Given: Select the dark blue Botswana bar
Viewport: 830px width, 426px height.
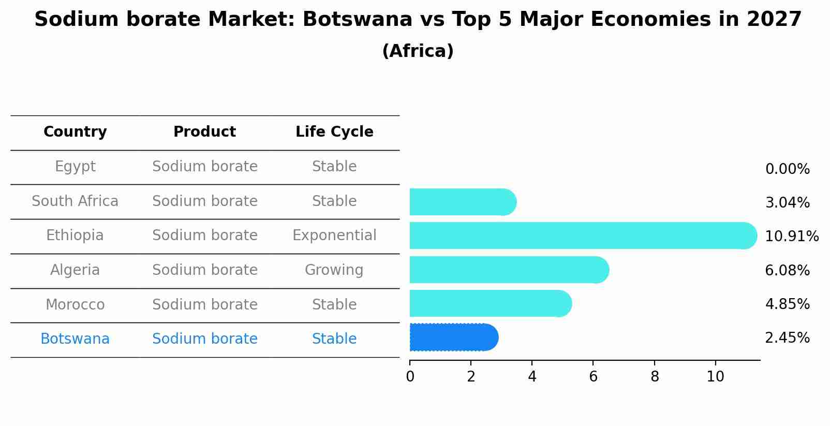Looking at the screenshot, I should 453,337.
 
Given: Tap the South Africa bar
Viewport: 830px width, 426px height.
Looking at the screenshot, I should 462,202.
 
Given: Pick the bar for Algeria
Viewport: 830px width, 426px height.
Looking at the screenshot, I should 508,270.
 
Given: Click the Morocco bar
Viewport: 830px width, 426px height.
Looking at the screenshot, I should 490,303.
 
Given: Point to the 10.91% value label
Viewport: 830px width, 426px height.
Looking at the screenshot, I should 791,237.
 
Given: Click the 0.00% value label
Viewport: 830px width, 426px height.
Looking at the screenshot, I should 787,169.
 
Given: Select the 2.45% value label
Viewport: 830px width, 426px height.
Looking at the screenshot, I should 787,338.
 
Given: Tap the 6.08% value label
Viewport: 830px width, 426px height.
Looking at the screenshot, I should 787,270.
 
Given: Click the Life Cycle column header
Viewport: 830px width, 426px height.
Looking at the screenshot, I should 334,132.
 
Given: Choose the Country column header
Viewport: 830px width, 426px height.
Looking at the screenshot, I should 75,132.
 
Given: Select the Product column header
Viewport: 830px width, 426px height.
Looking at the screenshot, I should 204,132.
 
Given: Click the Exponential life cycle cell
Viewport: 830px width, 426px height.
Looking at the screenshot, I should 334,236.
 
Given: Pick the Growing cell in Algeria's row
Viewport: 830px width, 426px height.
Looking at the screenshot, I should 334,270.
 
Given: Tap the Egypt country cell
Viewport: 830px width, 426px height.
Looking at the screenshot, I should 75,167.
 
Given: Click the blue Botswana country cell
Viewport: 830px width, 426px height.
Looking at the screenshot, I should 75,339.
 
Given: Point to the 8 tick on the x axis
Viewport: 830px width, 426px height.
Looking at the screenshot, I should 655,377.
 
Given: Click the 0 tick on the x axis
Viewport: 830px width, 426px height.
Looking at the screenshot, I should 410,377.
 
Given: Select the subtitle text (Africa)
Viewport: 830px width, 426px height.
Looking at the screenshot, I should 418,51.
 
